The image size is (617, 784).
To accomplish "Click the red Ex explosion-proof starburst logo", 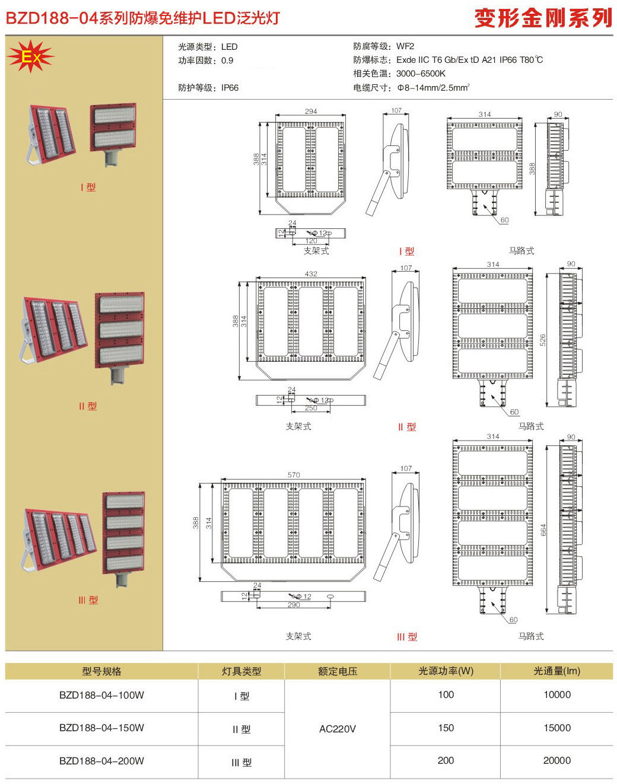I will [30, 56].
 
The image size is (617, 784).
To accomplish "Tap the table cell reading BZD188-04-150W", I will [101, 728].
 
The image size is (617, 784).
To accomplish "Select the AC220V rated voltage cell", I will [337, 729].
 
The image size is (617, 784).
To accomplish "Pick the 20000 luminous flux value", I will [556, 760].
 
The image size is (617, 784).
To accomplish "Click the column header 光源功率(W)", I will [446, 671].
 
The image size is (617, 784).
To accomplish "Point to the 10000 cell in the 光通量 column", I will [556, 694].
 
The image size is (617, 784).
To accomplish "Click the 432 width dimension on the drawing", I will [311, 274].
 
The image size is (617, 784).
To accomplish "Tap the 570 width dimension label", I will [294, 475].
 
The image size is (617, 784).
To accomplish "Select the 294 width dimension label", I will [311, 111].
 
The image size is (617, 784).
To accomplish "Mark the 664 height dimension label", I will [543, 530].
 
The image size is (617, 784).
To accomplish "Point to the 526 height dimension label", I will [543, 340].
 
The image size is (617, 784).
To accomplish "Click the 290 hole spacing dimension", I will [294, 605].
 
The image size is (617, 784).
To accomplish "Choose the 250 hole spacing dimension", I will [311, 408].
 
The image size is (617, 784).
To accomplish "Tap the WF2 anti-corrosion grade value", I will [405, 46].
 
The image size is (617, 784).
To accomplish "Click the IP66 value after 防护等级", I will [230, 88].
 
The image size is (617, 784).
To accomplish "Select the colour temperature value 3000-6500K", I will [421, 74].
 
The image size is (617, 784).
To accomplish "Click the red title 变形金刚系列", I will [543, 18].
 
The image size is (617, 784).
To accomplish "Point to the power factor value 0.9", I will [227, 60].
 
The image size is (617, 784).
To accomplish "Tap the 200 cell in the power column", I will [446, 760].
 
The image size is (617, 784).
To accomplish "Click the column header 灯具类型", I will [241, 671].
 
